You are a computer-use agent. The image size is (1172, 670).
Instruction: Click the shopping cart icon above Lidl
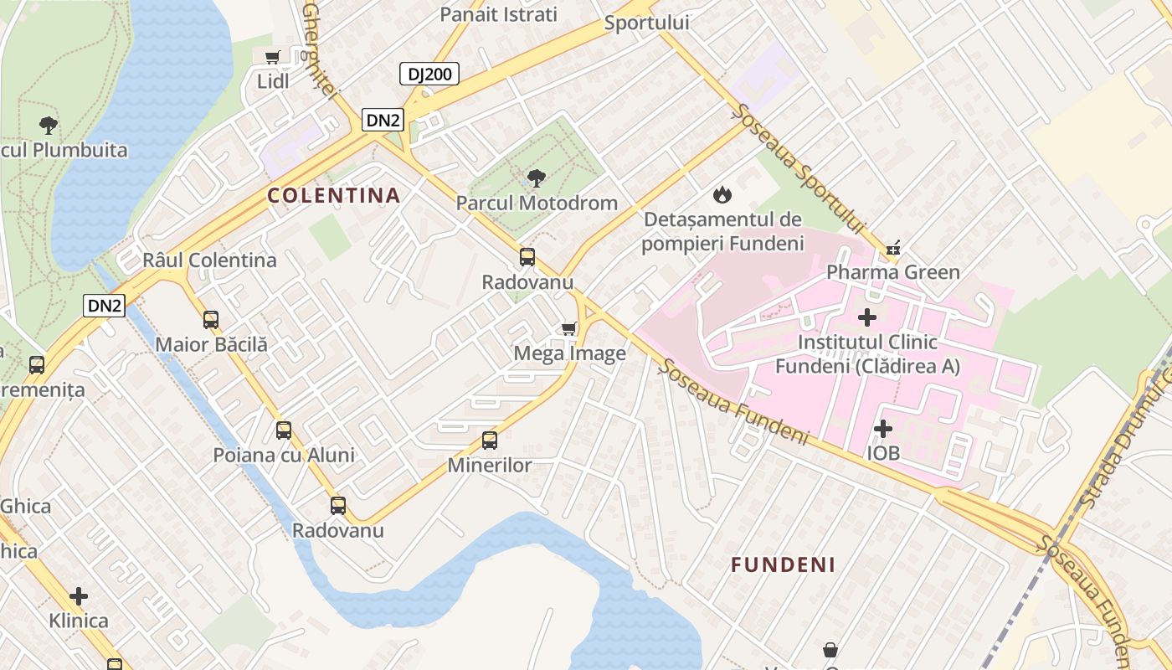click(272, 58)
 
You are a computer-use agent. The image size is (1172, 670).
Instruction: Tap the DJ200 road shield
click(429, 74)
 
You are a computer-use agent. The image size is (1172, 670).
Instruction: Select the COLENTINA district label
click(334, 196)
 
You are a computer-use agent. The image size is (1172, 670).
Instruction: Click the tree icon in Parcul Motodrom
click(537, 178)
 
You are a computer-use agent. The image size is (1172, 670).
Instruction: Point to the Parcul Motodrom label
click(537, 203)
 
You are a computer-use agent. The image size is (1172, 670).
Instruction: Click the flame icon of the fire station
click(722, 195)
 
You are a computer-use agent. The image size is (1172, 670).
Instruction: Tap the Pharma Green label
click(892, 272)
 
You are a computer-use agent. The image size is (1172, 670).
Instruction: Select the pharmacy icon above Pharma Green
click(893, 248)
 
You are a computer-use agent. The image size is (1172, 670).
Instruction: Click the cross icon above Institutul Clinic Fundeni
click(867, 317)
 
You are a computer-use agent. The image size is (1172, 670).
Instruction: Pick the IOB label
click(883, 453)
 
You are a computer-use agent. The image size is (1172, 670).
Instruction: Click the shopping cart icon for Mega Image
click(569, 328)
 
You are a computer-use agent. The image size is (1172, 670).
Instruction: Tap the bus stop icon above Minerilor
click(490, 441)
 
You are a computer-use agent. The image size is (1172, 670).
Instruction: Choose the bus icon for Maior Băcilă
click(211, 320)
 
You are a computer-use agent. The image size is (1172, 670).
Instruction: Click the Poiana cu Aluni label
click(284, 456)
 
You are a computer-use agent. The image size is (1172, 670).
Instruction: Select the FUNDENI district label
click(783, 565)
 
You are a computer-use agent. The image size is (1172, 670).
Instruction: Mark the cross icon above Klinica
click(79, 596)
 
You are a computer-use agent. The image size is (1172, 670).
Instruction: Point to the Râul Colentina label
click(209, 260)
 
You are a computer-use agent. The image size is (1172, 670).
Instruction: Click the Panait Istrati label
click(498, 14)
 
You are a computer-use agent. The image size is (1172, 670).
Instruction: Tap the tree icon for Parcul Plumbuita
click(49, 126)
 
